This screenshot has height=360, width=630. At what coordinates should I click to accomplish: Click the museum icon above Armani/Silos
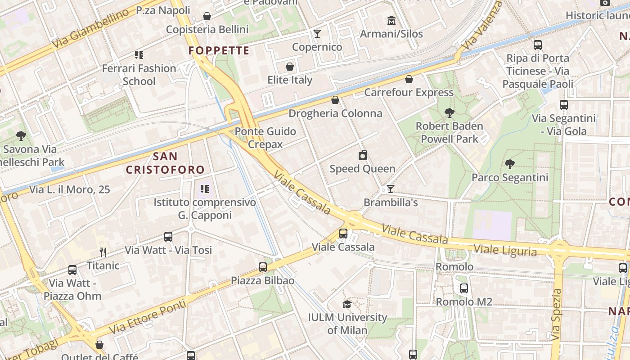(x=391, y=20)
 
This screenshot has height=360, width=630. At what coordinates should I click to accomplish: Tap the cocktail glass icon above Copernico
(x=317, y=34)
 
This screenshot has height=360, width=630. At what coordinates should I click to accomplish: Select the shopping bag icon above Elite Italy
(x=290, y=67)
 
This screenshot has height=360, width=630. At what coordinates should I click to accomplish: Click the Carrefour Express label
(x=409, y=92)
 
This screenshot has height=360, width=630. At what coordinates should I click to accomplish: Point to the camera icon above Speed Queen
(x=363, y=156)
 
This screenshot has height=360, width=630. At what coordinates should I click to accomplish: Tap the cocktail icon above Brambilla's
(x=391, y=189)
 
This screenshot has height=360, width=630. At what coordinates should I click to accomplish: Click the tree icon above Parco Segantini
(x=510, y=164)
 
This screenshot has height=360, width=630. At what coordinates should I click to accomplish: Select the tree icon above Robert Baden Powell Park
(x=449, y=113)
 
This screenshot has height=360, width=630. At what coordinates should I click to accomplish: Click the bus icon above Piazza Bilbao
(x=263, y=267)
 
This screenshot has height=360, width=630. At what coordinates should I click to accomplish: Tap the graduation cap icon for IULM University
(x=347, y=304)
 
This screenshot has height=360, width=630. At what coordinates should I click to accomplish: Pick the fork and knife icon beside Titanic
(x=103, y=252)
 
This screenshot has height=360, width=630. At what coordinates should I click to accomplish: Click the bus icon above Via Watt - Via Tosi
(x=168, y=237)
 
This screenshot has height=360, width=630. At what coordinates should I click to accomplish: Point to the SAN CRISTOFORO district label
(x=165, y=163)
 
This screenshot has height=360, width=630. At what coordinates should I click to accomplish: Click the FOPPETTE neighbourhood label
(x=219, y=50)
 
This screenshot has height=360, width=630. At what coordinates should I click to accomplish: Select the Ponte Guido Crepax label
(x=265, y=138)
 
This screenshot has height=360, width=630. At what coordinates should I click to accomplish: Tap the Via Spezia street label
(x=557, y=314)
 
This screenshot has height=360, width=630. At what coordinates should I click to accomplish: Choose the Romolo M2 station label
(x=464, y=301)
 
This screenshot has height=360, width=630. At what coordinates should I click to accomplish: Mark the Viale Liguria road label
(x=505, y=250)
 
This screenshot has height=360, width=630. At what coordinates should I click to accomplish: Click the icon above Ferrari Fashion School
(x=139, y=55)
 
